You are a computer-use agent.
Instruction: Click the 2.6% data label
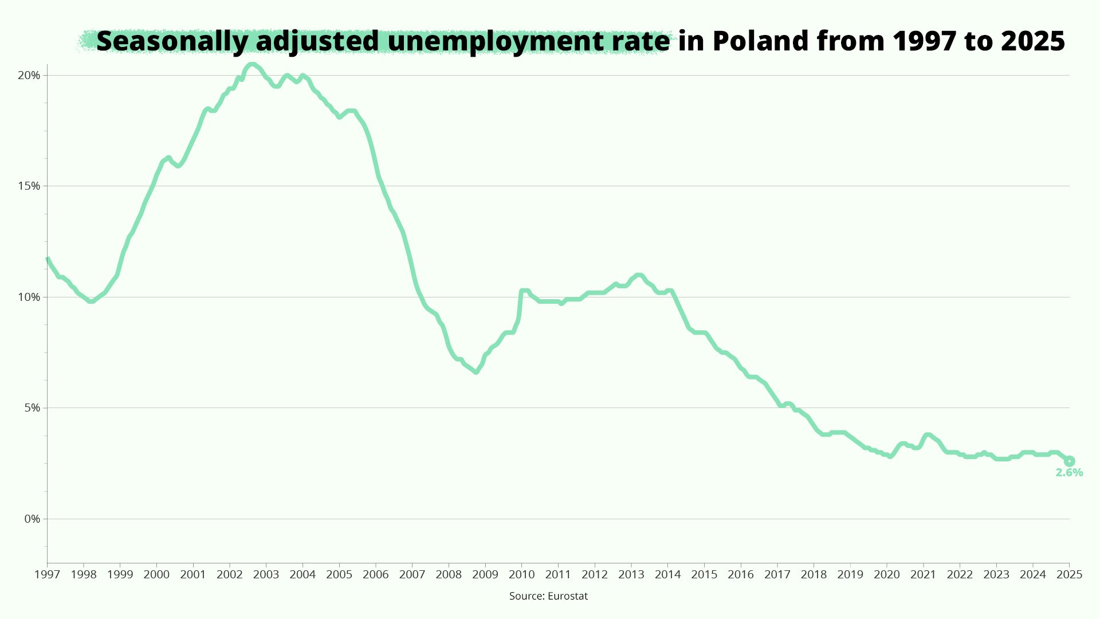[x=1069, y=473]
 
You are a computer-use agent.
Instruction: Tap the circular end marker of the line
[x=1069, y=461]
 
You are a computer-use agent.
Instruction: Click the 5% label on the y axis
[x=32, y=408]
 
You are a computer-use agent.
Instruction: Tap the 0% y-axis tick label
[x=32, y=519]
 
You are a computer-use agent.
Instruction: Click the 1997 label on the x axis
[x=47, y=574]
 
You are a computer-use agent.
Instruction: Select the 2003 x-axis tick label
[x=266, y=574]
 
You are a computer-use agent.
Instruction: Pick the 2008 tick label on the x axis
[x=449, y=574]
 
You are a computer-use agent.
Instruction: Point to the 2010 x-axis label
[x=521, y=574]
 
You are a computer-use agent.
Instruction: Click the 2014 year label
[x=667, y=574]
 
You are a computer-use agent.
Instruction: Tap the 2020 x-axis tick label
[x=886, y=574]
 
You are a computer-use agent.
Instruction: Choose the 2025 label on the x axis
[x=1069, y=574]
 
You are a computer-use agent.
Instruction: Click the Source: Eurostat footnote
[x=548, y=596]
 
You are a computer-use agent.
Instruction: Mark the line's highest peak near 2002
[x=252, y=64]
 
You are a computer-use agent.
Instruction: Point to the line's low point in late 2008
[x=476, y=372]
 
